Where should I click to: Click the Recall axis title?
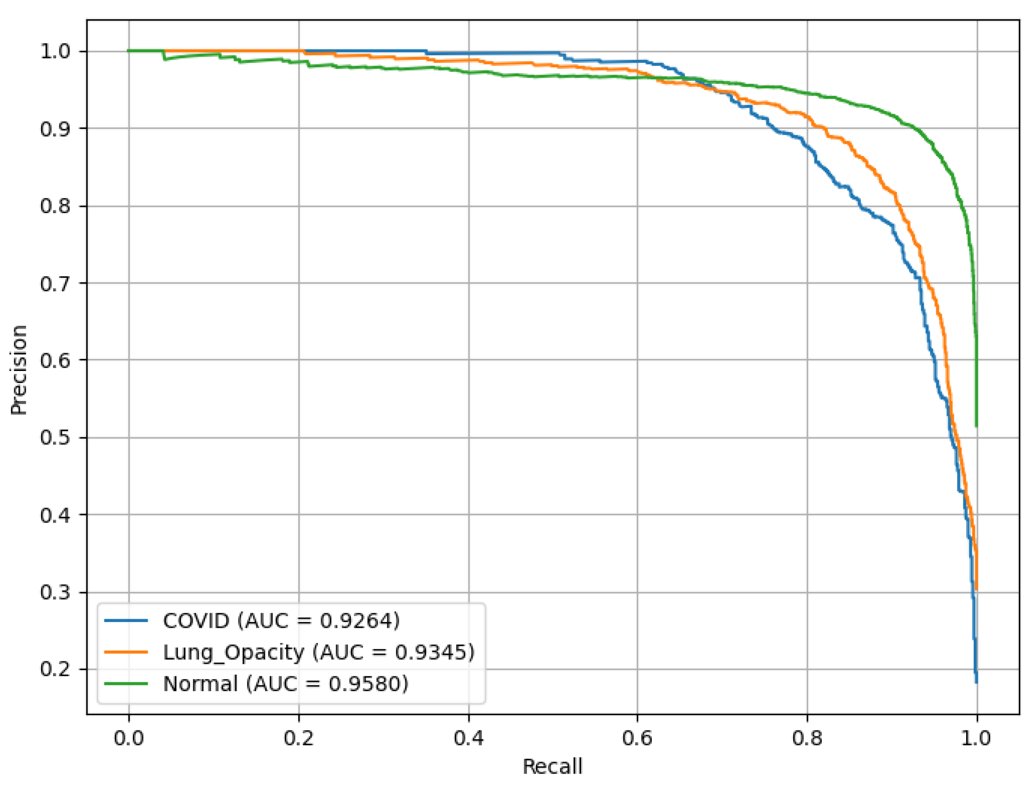pyautogui.click(x=552, y=766)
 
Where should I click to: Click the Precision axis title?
pyautogui.click(x=19, y=370)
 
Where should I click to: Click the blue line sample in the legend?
pyautogui.click(x=126, y=621)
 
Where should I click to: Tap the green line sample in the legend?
pyautogui.click(x=126, y=684)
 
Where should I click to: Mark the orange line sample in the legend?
pyautogui.click(x=126, y=652)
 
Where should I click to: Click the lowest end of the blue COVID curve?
pyautogui.click(x=976, y=682)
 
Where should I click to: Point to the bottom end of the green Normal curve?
pyautogui.click(x=976, y=426)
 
